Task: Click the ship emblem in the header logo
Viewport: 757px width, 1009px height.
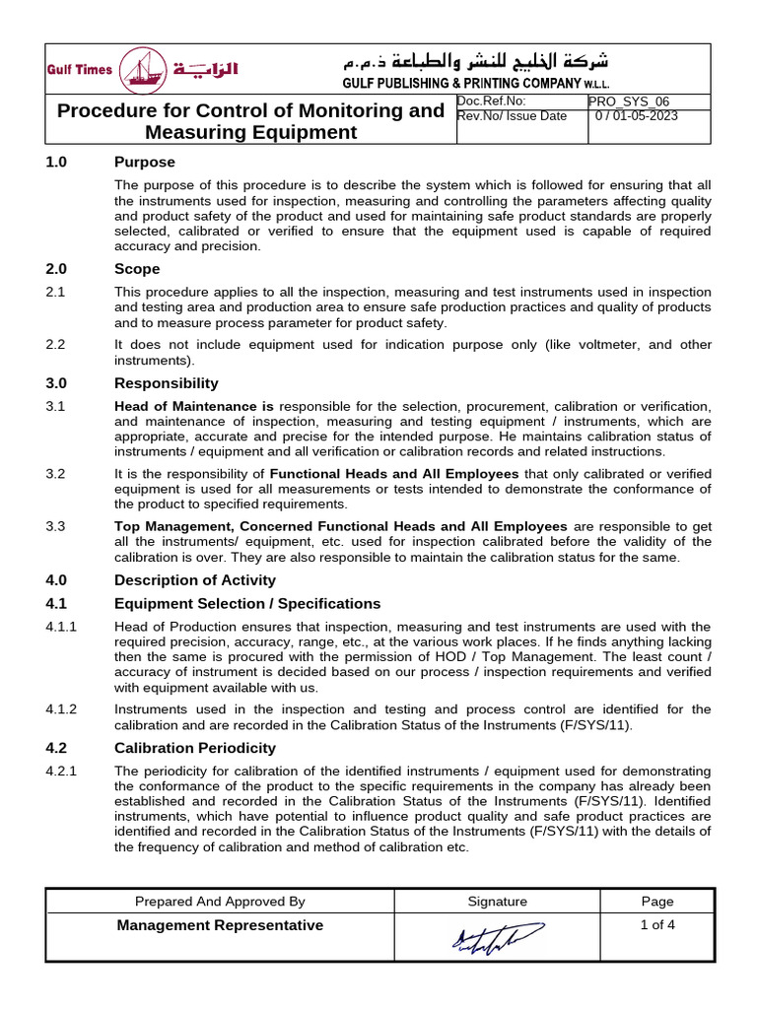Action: [144, 71]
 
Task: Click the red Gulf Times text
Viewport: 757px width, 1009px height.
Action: [81, 69]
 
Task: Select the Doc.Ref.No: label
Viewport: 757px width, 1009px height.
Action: [492, 101]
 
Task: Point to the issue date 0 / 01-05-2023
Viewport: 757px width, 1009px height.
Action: [637, 116]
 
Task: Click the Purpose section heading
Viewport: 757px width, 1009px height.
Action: [145, 162]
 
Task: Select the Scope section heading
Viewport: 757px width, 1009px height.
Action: [137, 269]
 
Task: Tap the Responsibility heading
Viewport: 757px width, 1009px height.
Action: [167, 383]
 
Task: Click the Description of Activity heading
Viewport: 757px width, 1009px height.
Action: [195, 580]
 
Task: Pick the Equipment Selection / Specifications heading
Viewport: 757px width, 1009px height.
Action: [247, 603]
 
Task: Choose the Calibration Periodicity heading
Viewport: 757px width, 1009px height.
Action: [195, 748]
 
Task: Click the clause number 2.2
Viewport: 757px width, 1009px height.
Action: [55, 345]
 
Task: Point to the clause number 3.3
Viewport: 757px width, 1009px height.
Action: [55, 526]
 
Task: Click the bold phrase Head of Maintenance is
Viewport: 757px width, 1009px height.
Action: [194, 406]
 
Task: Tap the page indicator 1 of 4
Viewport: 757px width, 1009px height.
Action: [657, 924]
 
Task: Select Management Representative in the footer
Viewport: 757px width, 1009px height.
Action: [220, 925]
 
